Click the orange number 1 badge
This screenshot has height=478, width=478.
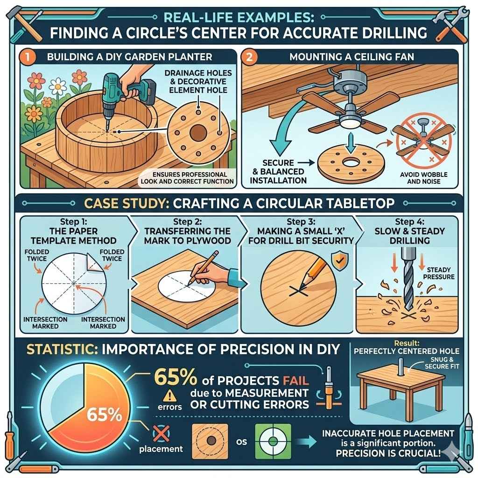[28, 56]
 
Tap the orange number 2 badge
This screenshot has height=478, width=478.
[250, 57]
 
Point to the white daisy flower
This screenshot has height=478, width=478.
[58, 86]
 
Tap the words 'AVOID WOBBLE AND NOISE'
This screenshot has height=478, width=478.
[423, 178]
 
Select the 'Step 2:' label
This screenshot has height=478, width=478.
[187, 222]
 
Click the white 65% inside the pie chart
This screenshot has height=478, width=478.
[104, 415]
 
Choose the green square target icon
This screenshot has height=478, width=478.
[273, 441]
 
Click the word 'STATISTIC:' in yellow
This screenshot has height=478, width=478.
[62, 349]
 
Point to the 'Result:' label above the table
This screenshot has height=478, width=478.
[407, 343]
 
